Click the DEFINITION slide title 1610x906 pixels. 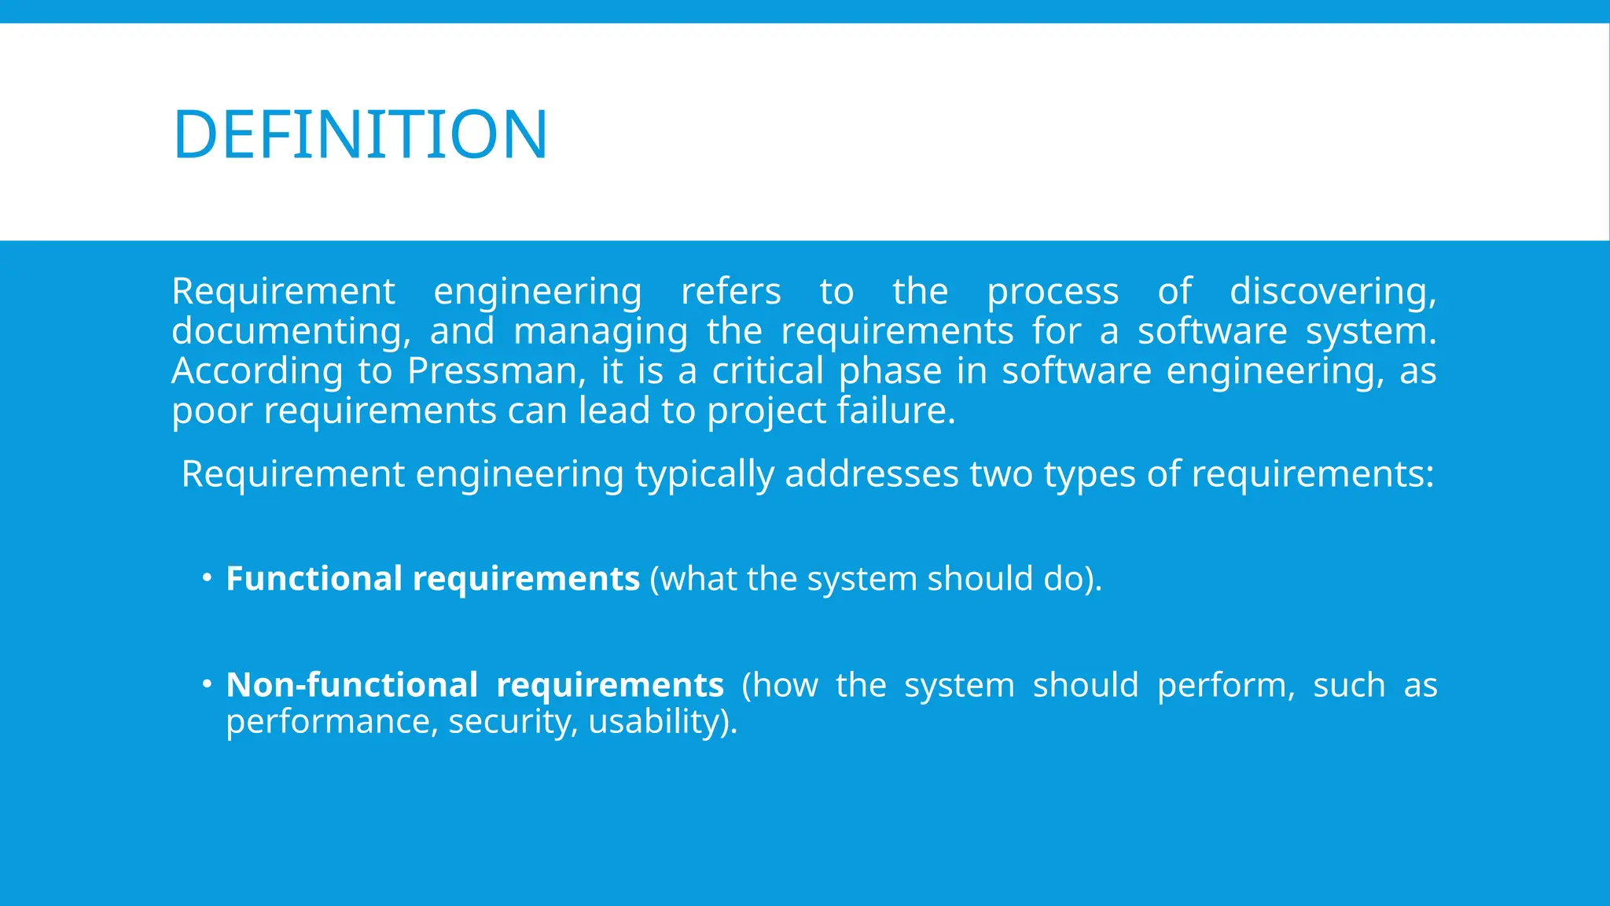click(360, 134)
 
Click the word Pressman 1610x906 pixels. click(496, 370)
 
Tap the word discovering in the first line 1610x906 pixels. click(1332, 291)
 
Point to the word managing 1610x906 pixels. click(601, 331)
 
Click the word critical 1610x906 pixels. click(767, 370)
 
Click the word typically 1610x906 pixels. click(704, 474)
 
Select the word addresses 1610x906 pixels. click(871, 474)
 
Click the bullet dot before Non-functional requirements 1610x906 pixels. click(207, 684)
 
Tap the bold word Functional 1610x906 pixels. click(314, 579)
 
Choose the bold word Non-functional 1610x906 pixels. click(351, 684)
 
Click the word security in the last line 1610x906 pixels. click(512, 721)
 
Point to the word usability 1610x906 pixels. click(663, 721)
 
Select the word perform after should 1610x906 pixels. click(1226, 684)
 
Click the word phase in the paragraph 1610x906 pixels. click(890, 370)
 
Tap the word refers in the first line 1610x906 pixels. click(730, 291)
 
